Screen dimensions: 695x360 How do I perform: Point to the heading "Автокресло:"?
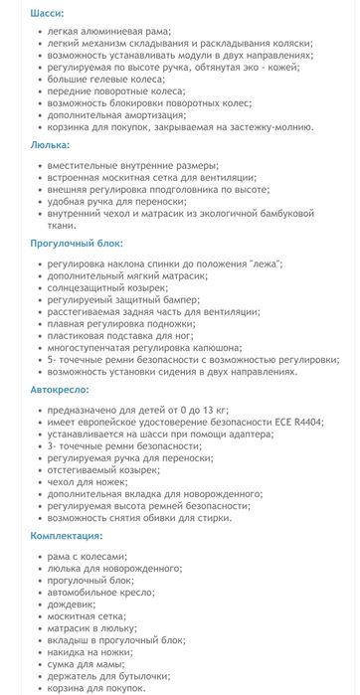[60, 389]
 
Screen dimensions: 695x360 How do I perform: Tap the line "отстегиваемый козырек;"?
[102, 468]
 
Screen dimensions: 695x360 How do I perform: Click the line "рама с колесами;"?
[89, 557]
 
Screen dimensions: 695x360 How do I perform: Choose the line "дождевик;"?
[71, 605]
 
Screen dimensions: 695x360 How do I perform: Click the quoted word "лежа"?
[262, 262]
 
